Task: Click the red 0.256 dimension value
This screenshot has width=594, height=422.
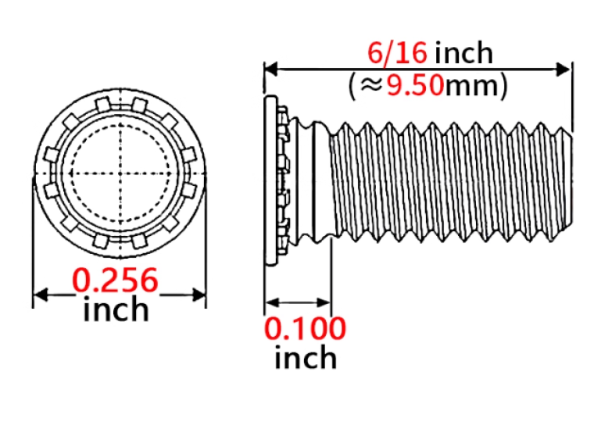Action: click(x=115, y=280)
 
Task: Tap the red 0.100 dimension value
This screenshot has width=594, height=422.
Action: click(x=305, y=328)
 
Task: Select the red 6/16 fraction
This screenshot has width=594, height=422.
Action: click(x=397, y=52)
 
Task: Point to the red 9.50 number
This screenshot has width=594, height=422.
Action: click(x=415, y=85)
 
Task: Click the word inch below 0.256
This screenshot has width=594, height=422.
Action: click(x=116, y=309)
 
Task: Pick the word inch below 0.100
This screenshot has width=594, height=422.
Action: click(x=306, y=357)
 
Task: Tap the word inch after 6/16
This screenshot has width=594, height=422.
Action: click(x=464, y=52)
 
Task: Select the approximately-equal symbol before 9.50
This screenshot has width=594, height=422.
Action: click(x=371, y=86)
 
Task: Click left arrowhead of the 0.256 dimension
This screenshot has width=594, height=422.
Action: click(x=40, y=295)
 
